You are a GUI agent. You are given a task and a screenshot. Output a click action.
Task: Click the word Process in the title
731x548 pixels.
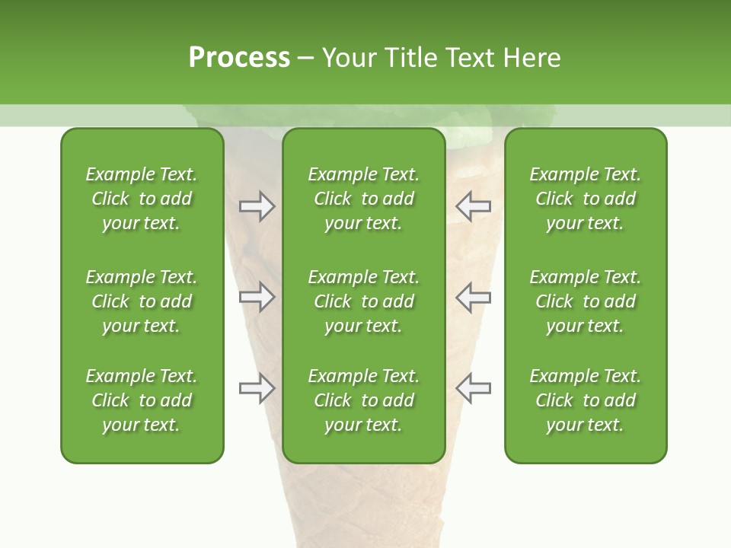(x=239, y=58)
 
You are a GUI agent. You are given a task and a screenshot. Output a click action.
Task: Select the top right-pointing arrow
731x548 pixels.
(x=257, y=206)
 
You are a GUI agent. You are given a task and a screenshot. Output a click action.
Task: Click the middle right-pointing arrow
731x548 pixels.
(x=257, y=298)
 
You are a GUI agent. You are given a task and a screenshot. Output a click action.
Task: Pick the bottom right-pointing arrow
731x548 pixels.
(x=257, y=388)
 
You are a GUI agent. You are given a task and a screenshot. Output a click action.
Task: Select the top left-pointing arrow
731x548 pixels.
(x=473, y=206)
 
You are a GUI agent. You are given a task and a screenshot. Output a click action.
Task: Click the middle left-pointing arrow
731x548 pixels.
(x=473, y=298)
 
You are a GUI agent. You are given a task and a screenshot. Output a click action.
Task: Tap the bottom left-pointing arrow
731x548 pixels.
(x=473, y=388)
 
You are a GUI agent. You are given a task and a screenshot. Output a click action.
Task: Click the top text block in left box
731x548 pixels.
(x=142, y=199)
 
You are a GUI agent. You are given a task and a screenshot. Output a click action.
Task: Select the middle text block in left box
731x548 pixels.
(x=142, y=301)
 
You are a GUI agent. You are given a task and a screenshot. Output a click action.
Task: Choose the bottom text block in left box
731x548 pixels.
(x=142, y=400)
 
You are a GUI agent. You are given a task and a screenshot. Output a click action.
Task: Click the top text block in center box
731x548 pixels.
(x=363, y=199)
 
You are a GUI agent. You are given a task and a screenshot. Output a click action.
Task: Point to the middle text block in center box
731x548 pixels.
(x=363, y=301)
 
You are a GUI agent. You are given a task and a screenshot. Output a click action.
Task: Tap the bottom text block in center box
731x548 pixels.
(x=363, y=400)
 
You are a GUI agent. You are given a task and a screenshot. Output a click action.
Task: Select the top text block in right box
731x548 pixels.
(x=585, y=199)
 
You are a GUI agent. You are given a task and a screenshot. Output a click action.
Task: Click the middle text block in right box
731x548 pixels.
(x=585, y=301)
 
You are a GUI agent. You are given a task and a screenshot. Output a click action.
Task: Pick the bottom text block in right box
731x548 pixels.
(x=585, y=400)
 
